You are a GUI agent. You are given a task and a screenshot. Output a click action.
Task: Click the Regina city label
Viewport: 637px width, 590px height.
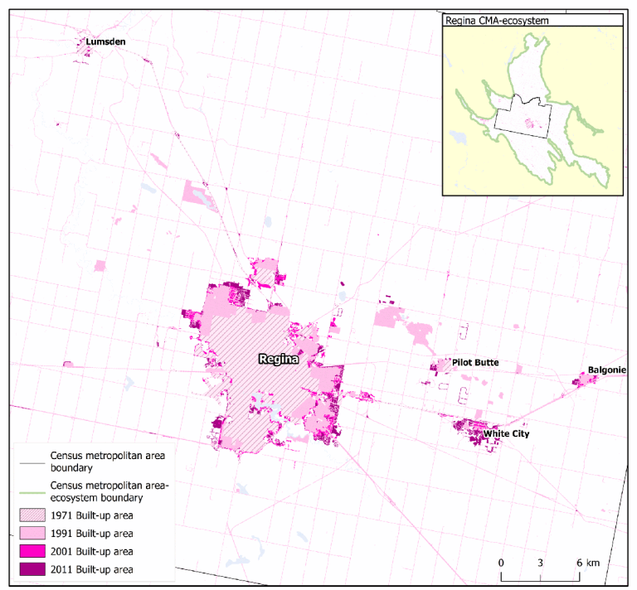[277, 359]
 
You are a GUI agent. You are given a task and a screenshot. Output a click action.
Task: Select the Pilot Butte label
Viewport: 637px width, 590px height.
[474, 363]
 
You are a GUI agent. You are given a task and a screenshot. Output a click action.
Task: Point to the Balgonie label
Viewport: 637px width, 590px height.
[607, 370]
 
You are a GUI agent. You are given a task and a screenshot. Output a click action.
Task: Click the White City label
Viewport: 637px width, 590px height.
[506, 433]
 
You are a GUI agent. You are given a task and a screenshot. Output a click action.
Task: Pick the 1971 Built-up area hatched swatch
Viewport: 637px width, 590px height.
[32, 515]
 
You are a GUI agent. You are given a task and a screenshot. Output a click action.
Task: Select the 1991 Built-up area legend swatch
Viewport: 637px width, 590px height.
[32, 533]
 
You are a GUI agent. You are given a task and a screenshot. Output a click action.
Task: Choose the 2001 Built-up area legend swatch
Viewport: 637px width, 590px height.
[32, 551]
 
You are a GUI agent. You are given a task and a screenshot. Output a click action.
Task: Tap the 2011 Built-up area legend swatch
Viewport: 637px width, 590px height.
[32, 569]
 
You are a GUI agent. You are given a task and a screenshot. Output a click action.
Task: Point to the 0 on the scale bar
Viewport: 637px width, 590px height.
[501, 563]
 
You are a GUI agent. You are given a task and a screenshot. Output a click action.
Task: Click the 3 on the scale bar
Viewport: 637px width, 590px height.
[541, 563]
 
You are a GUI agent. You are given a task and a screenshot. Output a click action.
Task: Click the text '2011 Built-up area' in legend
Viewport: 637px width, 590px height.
[91, 569]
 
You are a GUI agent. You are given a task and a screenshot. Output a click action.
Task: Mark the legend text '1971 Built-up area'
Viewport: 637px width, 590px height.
[91, 515]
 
